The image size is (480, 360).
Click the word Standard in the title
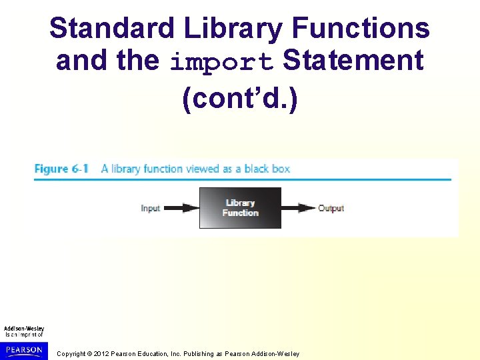(x=111, y=29)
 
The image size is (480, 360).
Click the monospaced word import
(x=221, y=61)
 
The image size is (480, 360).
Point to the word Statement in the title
(x=353, y=60)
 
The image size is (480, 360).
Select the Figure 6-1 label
(x=61, y=169)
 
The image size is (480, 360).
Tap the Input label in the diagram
(x=150, y=208)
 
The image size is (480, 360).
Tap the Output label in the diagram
(x=331, y=208)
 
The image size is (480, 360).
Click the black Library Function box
(x=240, y=208)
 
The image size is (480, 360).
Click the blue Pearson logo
(x=24, y=349)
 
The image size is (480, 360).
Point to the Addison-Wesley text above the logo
(x=24, y=328)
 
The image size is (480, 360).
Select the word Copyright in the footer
(x=71, y=353)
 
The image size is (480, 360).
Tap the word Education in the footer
(x=151, y=353)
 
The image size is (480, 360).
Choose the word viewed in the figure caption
(x=191, y=169)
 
